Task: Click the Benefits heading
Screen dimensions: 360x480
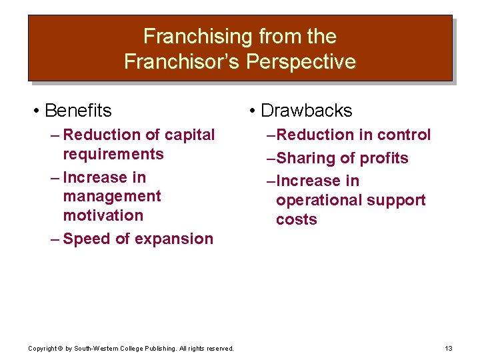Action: click(78, 110)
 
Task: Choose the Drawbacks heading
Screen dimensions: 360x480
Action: click(306, 110)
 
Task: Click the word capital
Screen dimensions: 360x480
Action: click(189, 135)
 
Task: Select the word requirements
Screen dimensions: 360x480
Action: click(113, 154)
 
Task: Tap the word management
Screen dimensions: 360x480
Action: click(111, 196)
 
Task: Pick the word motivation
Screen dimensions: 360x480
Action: click(103, 215)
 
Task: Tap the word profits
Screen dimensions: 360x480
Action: click(385, 158)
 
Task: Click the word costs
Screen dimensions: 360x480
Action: click(296, 219)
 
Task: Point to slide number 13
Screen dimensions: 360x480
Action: click(448, 349)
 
